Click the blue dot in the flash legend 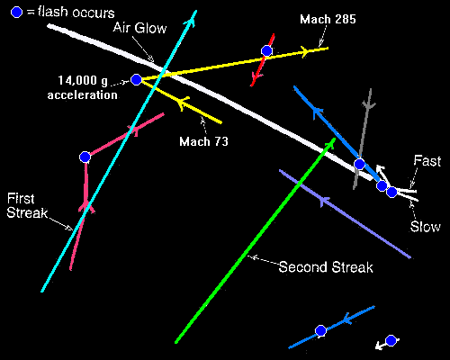[x=16, y=13]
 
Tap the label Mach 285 [x=328, y=20]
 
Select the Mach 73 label [x=204, y=141]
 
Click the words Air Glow [x=139, y=28]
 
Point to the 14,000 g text [x=83, y=80]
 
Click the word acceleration [x=83, y=94]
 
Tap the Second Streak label [x=326, y=267]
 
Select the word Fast [x=427, y=161]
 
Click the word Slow [x=426, y=227]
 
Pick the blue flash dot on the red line [x=266, y=51]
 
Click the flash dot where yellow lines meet [x=136, y=80]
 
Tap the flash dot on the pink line [x=85, y=157]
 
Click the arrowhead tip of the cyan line [x=196, y=11]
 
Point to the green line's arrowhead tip [x=335, y=139]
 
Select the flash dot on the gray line [x=359, y=164]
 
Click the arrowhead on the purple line [x=323, y=201]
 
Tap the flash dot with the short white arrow [x=391, y=340]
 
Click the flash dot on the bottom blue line [x=320, y=330]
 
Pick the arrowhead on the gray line [x=369, y=105]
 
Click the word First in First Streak [x=21, y=198]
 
